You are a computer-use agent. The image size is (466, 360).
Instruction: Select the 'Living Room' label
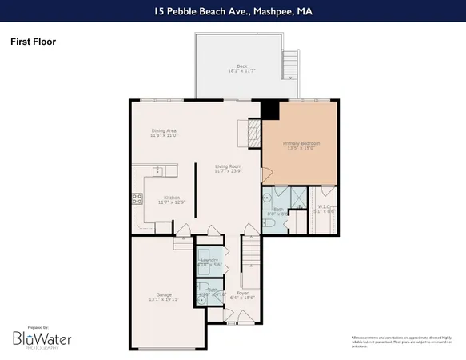(227, 166)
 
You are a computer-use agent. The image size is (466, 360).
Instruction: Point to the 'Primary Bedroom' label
(301, 145)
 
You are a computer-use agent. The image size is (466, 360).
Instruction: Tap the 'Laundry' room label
(211, 261)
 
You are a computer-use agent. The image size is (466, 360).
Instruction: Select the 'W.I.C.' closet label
(323, 210)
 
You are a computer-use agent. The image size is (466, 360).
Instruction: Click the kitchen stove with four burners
(137, 201)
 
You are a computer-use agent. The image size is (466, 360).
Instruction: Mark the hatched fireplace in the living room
(253, 133)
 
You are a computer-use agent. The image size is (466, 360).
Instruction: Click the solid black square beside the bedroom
(270, 110)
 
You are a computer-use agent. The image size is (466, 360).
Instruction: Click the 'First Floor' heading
(33, 41)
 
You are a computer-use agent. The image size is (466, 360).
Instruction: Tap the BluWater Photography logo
(42, 339)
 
